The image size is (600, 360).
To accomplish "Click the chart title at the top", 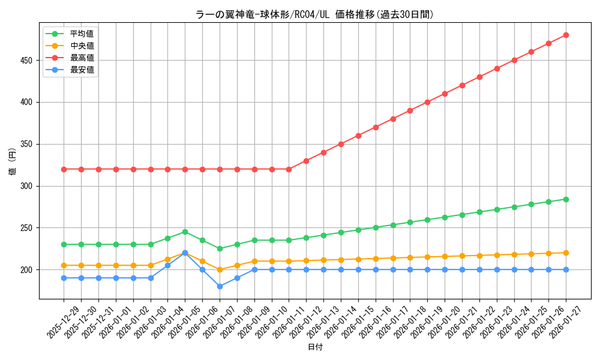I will coord(314,14).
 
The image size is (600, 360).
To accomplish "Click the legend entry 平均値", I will coord(82,34).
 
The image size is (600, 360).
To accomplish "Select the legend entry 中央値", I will coord(82,46).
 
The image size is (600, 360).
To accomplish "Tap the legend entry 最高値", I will coord(82,58).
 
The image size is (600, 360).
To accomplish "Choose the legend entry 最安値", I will coord(82,70).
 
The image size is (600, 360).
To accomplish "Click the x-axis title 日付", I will coord(314,347).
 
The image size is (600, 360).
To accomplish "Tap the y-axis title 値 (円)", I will coord(13,161).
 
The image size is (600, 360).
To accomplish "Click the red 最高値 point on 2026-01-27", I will coord(566,35).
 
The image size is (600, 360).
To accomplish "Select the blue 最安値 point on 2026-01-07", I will coord(220,286).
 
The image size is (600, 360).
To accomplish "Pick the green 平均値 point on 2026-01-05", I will coord(185,232).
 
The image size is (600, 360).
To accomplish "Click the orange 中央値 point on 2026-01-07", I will coord(220,269).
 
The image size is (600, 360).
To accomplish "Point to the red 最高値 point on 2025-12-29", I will coord(64,169).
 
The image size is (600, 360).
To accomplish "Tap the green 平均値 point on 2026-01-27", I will coord(566,199).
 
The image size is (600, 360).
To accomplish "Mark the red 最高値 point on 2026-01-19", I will coord(427,102).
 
